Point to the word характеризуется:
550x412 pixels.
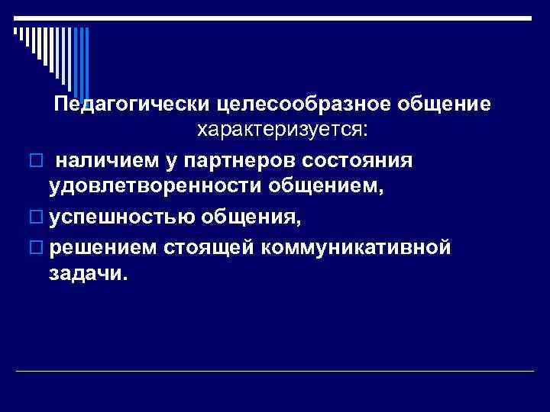click(283, 131)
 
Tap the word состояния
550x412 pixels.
click(357, 161)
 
